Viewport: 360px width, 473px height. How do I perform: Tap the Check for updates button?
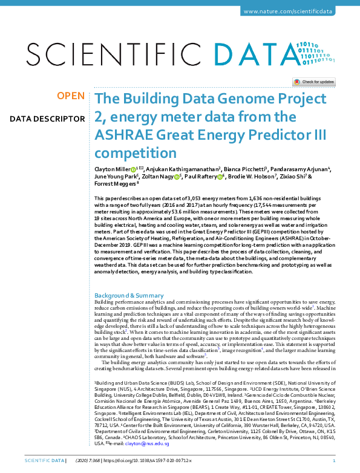coord(314,82)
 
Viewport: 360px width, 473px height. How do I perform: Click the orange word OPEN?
coord(71,96)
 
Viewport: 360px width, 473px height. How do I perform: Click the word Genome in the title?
coord(234,99)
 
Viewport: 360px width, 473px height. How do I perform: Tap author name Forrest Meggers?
coord(116,184)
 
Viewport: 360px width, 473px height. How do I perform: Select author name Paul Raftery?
coord(202,177)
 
